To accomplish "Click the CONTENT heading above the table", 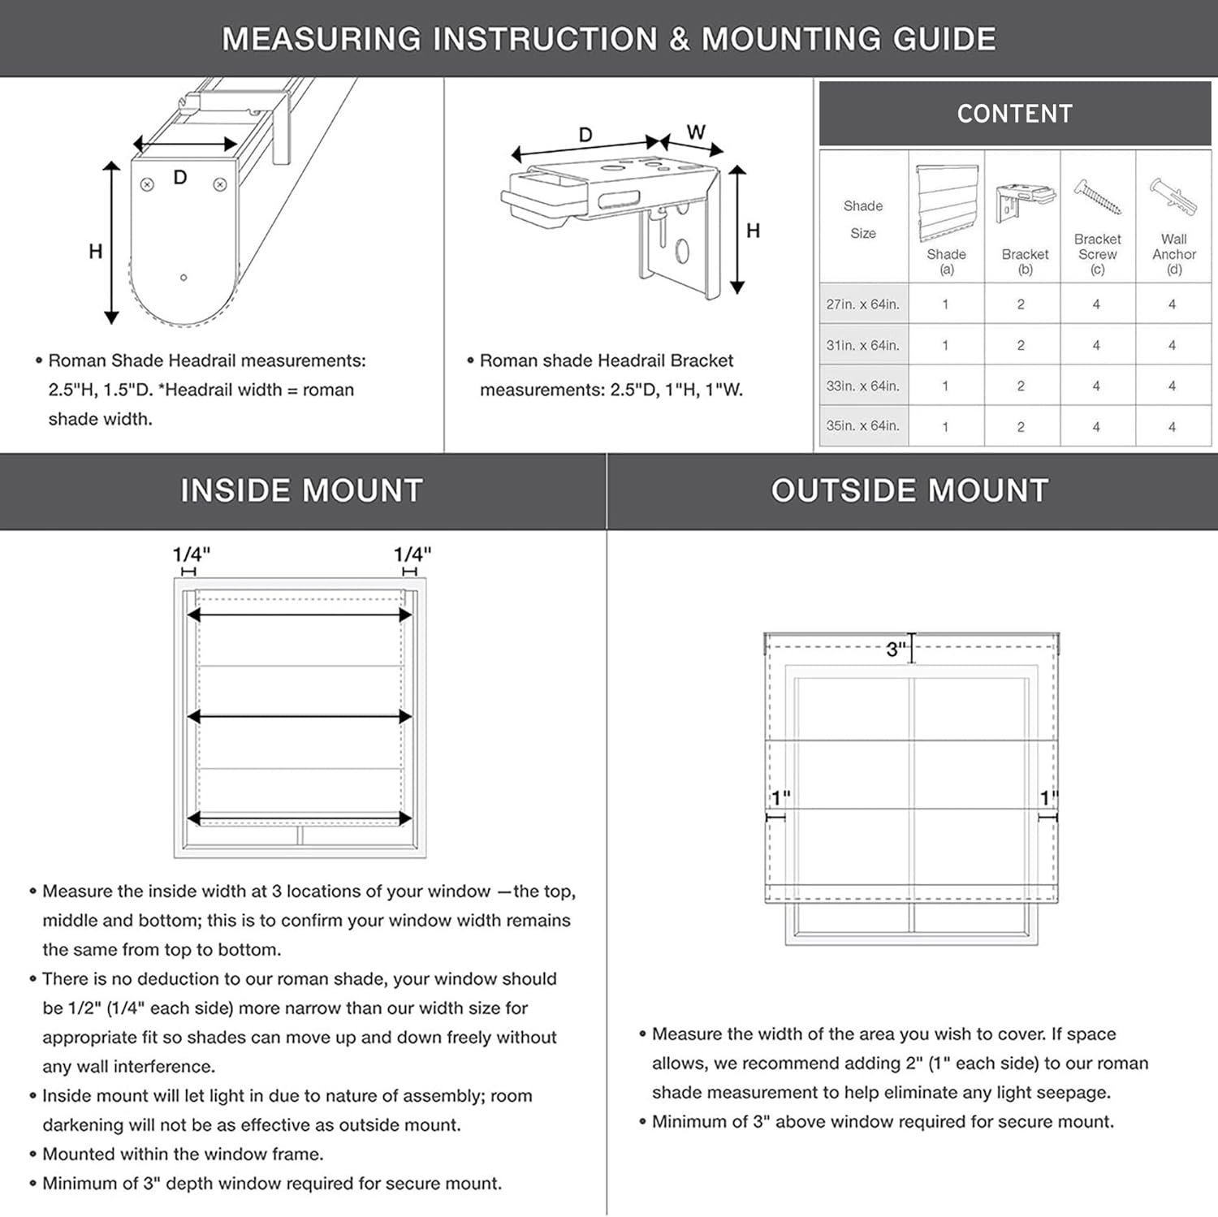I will (x=1014, y=114).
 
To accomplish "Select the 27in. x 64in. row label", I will (x=862, y=304).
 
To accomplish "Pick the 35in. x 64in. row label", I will (x=862, y=425).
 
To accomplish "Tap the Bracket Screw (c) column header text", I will (x=1097, y=253).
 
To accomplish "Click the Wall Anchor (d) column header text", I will (x=1173, y=253).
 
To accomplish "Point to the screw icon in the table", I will (x=1097, y=197).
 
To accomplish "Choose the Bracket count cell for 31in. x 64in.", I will (x=1021, y=345).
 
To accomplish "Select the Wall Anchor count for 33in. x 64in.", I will (x=1172, y=386).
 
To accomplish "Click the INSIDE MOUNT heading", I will (x=301, y=490).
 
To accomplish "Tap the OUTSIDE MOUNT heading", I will (x=909, y=490).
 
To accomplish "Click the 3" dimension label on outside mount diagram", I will (x=896, y=649).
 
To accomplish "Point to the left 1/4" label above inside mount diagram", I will (x=191, y=555).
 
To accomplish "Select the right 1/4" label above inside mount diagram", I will (x=412, y=555).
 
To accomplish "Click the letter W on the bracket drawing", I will (x=696, y=132).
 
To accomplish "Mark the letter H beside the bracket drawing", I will (x=754, y=231).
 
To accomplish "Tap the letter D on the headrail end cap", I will (x=180, y=178).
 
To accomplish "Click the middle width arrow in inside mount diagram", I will (x=300, y=716).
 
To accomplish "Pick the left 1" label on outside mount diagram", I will (x=780, y=798).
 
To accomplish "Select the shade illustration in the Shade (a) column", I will (x=946, y=203).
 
